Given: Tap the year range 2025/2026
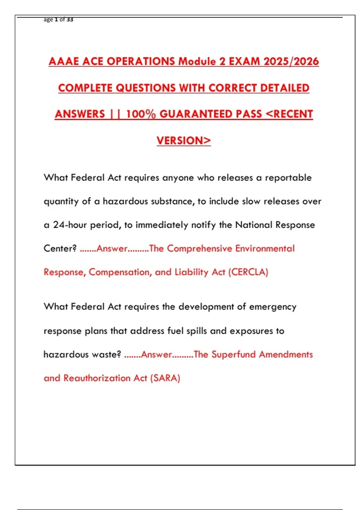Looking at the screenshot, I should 291,61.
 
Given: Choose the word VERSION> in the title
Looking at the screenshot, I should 184,141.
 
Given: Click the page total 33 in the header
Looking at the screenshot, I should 70,19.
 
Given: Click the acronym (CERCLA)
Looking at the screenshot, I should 248,272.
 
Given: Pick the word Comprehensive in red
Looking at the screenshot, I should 199,249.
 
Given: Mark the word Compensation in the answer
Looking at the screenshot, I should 121,272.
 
